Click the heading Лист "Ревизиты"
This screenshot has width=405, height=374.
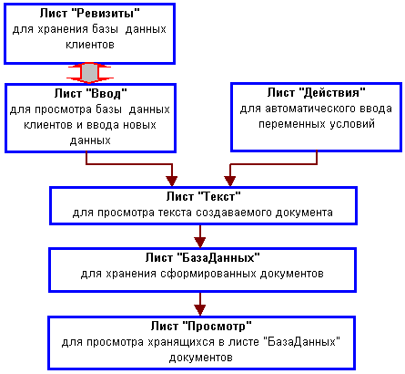[x=90, y=14]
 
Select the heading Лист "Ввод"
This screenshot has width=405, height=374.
[x=90, y=93]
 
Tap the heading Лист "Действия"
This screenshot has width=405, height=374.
[x=316, y=92]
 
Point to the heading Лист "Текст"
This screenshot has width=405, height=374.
[x=203, y=196]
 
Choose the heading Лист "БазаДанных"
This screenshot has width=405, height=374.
[x=202, y=258]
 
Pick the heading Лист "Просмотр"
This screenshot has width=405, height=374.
[x=201, y=327]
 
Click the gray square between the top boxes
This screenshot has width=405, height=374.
[x=89, y=73]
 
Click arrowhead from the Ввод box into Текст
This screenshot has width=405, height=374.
[x=172, y=181]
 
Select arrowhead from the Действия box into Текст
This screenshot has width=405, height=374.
[x=230, y=181]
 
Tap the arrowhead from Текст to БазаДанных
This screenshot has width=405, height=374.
[x=200, y=243]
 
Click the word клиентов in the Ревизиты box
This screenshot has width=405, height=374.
[x=90, y=45]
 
